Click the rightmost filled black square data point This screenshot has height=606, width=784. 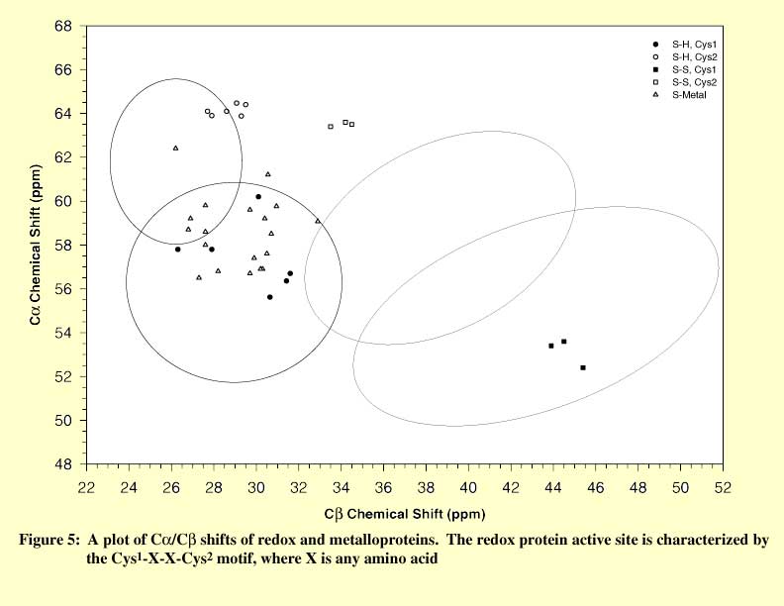(583, 367)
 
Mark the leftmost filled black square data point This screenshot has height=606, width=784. (550, 346)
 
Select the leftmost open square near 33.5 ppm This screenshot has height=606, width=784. (331, 127)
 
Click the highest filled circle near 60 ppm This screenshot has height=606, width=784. (258, 197)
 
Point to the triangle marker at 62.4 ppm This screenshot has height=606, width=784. (175, 148)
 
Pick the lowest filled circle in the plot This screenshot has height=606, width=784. (269, 297)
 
